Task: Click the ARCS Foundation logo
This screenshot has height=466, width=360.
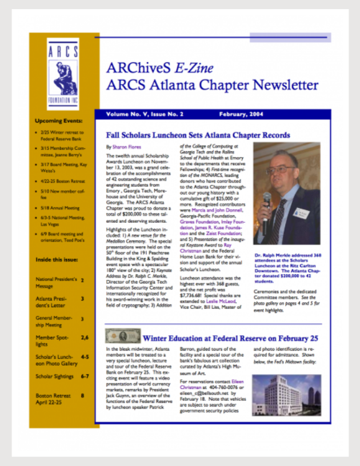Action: pos(63,74)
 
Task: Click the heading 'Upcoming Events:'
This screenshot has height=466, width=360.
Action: pos(59,121)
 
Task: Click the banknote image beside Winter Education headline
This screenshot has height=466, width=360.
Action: pos(122,336)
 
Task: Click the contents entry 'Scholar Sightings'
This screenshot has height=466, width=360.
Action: pos(55,376)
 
